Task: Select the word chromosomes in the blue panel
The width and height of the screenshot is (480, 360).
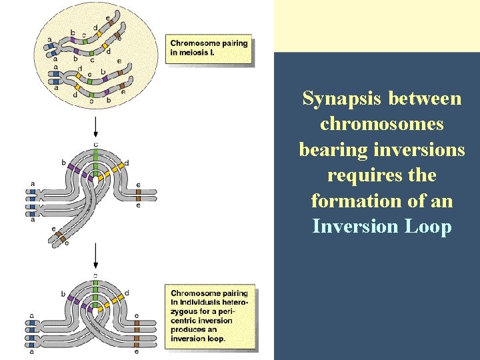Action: (x=382, y=124)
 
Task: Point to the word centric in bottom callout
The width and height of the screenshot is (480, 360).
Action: (x=187, y=321)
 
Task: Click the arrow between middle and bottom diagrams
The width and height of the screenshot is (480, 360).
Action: (x=96, y=255)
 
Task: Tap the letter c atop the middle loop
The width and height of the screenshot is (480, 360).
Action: (x=96, y=144)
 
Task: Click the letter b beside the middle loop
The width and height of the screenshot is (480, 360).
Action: (x=63, y=162)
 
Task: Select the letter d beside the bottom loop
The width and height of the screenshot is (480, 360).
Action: (x=127, y=293)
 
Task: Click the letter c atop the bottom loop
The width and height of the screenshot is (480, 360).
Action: (x=96, y=275)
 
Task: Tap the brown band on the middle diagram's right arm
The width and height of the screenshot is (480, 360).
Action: (x=137, y=195)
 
